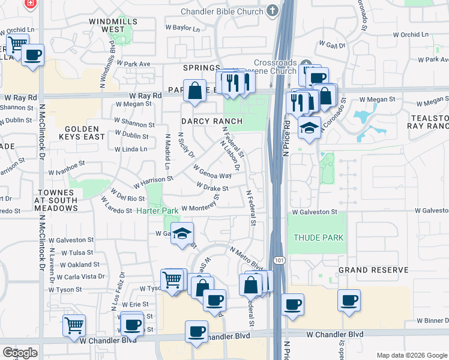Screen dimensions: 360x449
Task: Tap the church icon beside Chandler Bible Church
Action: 273,10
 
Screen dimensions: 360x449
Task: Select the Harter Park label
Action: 157,211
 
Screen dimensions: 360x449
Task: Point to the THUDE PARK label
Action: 318,238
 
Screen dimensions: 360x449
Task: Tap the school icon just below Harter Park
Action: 182,233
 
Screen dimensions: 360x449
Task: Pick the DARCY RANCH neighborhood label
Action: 212,121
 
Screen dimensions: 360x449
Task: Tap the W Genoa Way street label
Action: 212,172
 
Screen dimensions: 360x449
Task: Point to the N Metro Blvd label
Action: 246,257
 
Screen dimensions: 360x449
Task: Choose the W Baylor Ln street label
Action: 182,28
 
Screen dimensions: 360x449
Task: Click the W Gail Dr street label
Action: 333,45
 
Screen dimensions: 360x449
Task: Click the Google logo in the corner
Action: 20,353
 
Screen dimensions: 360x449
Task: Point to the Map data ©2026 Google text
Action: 411,355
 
